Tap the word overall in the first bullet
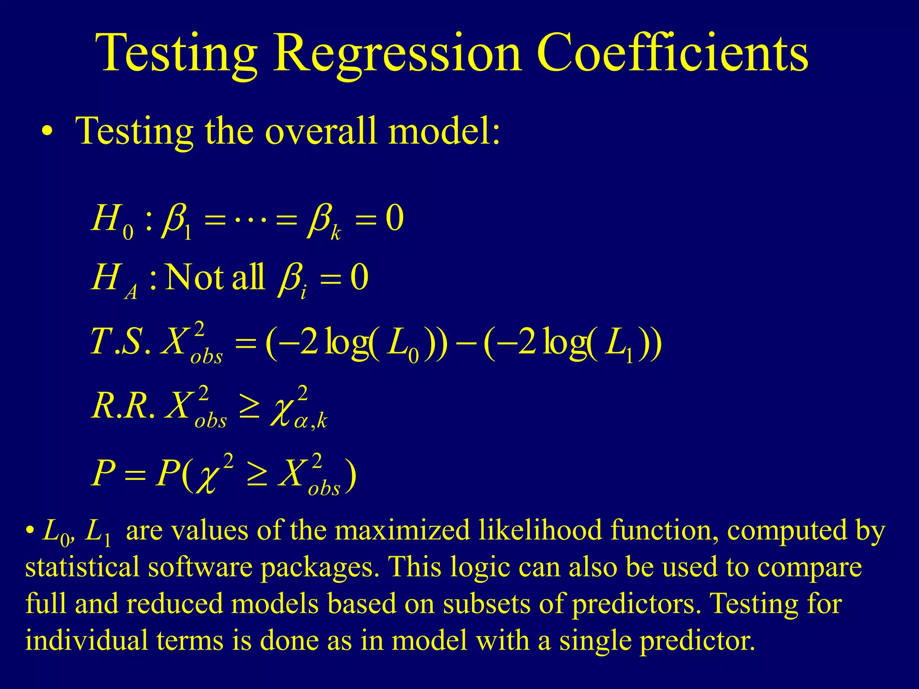pyautogui.click(x=320, y=131)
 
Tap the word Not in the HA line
pyautogui.click(x=194, y=277)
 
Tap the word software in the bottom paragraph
pyautogui.click(x=200, y=567)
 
